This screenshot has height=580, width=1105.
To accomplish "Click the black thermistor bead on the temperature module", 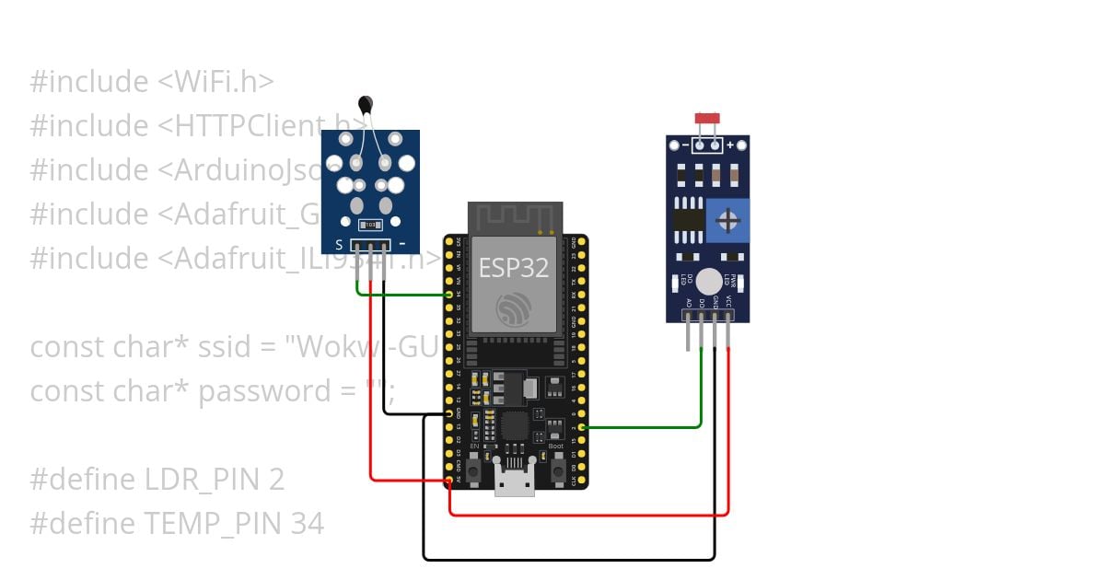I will pos(366,104).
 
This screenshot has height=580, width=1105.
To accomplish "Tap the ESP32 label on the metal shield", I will pos(514,268).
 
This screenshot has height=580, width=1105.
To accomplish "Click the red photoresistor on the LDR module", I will pos(707,119).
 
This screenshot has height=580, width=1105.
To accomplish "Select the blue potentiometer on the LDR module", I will pos(727,220).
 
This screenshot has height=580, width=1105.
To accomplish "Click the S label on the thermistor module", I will pos(339,245).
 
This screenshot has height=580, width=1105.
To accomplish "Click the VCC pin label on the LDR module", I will pos(728,301).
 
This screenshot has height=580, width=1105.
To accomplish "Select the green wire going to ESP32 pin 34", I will pos(405,295).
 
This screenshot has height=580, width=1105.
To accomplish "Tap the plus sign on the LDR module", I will pos(731,145).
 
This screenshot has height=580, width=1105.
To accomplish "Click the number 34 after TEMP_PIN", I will pos(308,524).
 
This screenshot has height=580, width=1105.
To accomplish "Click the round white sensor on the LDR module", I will pos(708,282).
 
